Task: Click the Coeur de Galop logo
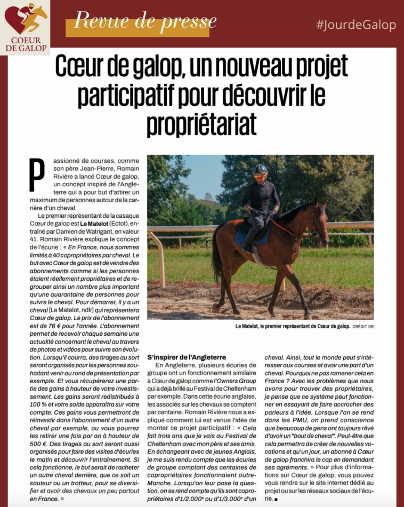coord(25,27)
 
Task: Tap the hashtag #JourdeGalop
coord(356,25)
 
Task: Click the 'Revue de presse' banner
coord(145,22)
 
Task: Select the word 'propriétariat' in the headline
coord(201,123)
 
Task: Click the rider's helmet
coord(260,170)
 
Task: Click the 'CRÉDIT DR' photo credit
coord(363,326)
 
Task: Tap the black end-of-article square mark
coord(277,499)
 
